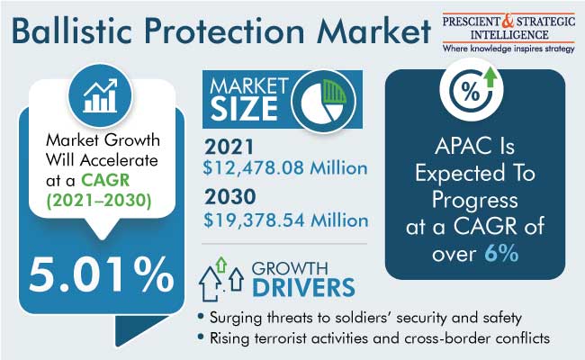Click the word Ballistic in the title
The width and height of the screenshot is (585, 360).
72,31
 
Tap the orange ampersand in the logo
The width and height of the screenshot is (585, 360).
508,22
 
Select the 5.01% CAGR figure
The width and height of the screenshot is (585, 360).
102,274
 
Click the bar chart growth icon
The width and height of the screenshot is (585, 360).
100,95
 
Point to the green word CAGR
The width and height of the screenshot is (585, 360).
105,180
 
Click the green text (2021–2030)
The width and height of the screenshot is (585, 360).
99,201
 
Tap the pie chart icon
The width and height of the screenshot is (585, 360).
323,102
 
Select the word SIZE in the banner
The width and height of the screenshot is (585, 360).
245,109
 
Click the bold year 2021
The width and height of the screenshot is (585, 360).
229,147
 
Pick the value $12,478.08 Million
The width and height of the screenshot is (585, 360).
285,168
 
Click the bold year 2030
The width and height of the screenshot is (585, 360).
229,197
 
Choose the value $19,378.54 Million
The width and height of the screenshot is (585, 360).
286,220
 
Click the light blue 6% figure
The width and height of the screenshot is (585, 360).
501,254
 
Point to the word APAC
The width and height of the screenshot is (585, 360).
462,146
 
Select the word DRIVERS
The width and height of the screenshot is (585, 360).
303,287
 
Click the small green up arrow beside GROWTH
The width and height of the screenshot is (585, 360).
221,265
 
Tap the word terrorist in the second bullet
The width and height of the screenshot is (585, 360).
281,338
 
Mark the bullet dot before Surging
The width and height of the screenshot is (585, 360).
201,317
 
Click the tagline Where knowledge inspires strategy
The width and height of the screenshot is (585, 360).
508,49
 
